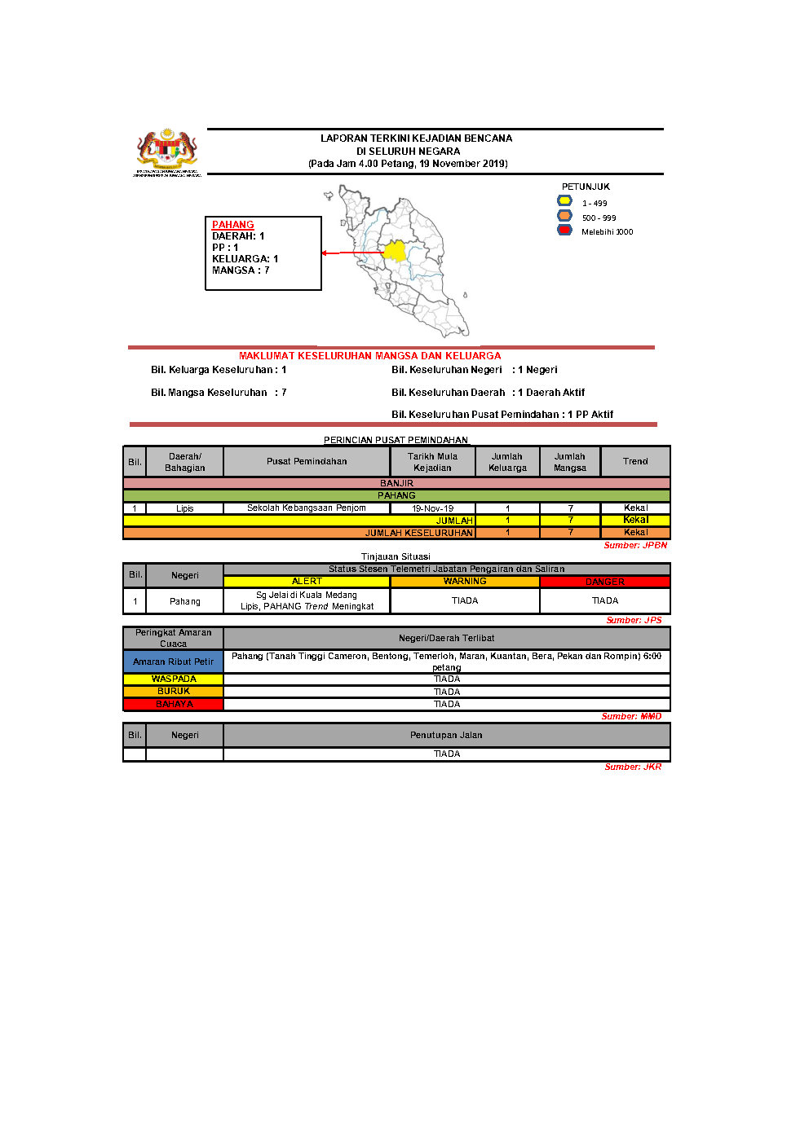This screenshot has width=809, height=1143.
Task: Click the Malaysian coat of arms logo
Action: tap(167, 152)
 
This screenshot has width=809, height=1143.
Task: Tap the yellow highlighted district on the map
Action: tap(395, 250)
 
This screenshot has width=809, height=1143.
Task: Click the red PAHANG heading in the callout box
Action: tap(233, 225)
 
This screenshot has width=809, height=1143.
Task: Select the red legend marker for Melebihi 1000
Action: tap(564, 231)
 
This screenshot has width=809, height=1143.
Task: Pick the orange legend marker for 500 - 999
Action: tap(564, 216)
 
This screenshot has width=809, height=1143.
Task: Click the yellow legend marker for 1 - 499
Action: tap(564, 201)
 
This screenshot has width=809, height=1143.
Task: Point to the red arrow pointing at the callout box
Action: tap(351, 253)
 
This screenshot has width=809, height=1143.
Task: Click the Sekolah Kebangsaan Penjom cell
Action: tap(307, 508)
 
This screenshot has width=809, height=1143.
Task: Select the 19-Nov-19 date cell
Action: tap(432, 508)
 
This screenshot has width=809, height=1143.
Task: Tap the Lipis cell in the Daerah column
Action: tap(185, 508)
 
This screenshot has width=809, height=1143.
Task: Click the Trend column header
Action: tap(635, 461)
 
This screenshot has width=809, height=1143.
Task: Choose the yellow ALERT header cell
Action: tap(307, 582)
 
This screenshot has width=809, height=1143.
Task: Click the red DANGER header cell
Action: tap(604, 582)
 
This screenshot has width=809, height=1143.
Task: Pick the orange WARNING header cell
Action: tap(465, 582)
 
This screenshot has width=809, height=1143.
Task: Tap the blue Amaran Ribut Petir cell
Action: tap(173, 662)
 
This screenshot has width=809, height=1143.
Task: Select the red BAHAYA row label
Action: tap(173, 704)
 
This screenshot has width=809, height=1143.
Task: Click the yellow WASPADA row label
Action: tap(173, 679)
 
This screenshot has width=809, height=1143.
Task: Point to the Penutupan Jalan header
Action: tap(446, 735)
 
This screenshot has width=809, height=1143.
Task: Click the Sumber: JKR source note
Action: tap(633, 767)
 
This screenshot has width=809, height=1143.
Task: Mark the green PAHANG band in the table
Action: tap(396, 495)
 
